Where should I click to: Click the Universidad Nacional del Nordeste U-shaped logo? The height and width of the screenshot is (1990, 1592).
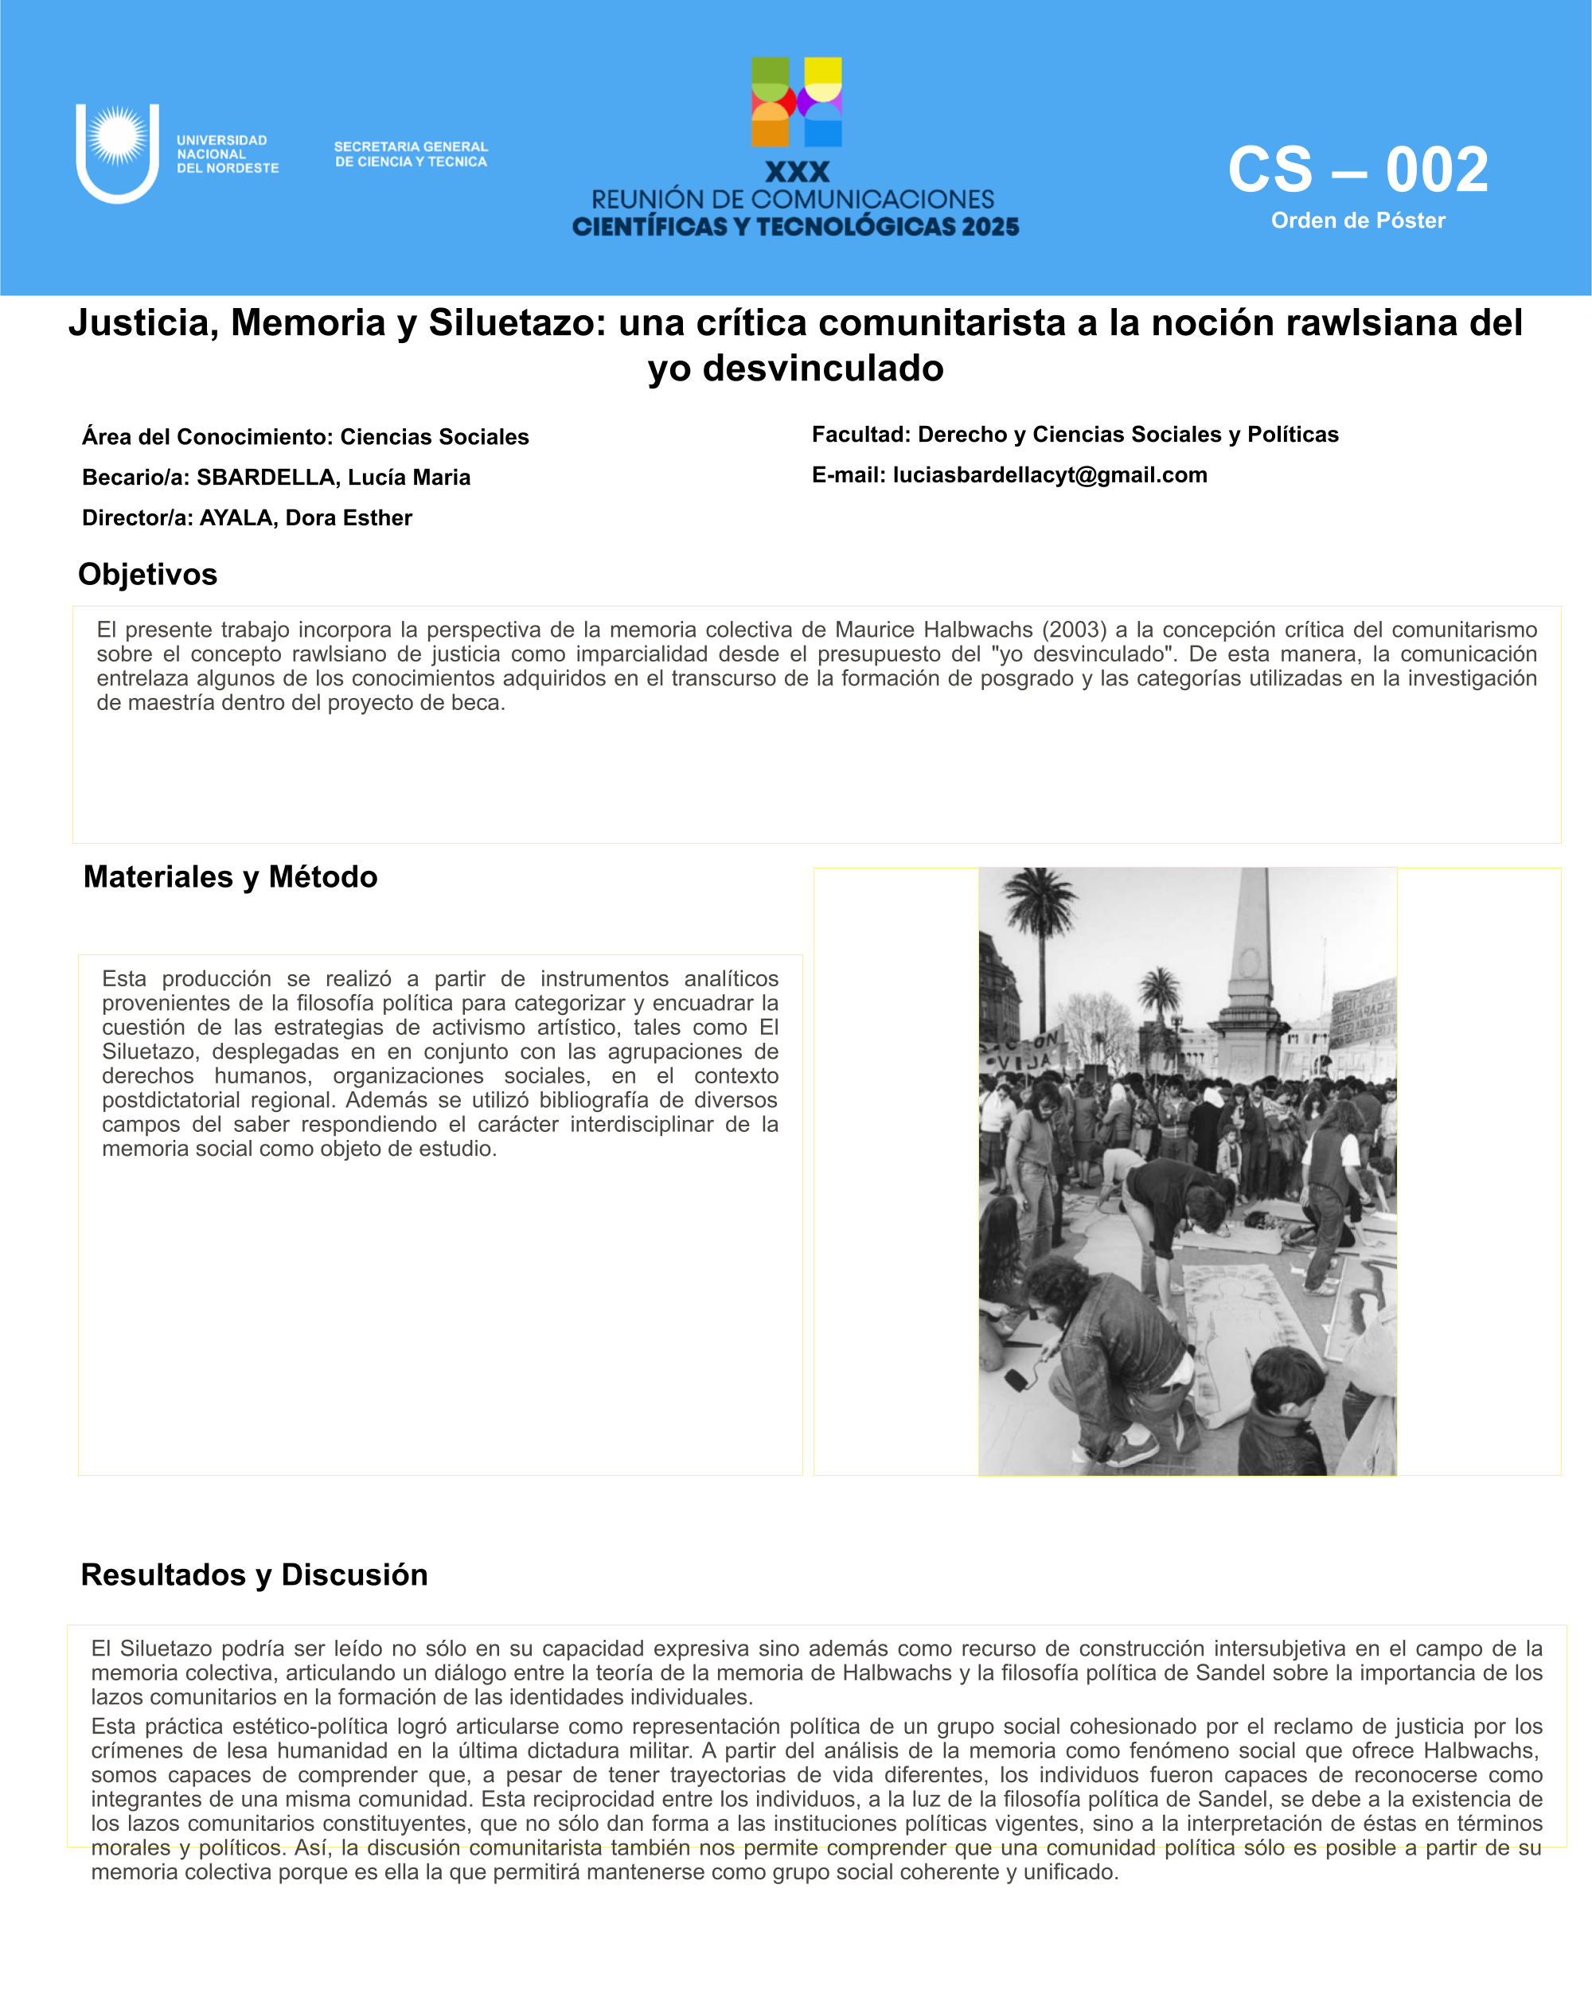pos(117,152)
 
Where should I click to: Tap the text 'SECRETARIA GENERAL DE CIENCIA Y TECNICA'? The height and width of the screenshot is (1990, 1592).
pos(411,154)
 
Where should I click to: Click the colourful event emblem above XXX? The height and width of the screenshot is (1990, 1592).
pos(797,102)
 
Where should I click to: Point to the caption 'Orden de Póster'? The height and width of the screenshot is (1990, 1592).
pos(1358,220)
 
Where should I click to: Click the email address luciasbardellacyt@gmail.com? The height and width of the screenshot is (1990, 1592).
pos(1049,475)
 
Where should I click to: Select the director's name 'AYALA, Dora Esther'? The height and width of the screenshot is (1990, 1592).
pos(306,518)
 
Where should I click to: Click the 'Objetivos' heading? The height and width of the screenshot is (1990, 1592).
pos(148,574)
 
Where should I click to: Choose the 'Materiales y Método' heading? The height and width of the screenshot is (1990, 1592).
pos(230,877)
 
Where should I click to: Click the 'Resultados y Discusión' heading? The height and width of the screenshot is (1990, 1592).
pos(254,1574)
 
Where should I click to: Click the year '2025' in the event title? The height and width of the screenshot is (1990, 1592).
pos(990,227)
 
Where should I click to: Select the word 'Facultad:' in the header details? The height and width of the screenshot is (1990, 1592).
pos(861,435)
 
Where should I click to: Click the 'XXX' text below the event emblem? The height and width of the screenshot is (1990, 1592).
pos(797,173)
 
